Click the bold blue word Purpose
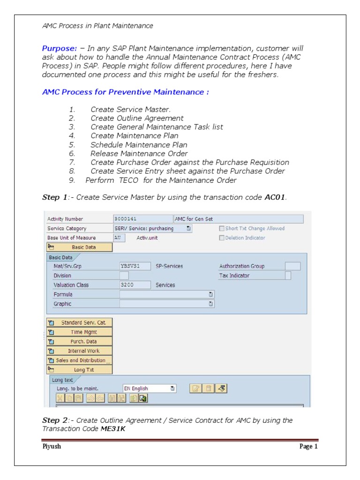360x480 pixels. [60, 48]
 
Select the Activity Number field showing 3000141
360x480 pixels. [142, 219]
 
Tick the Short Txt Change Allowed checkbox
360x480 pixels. [222, 229]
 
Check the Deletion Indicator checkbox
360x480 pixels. [222, 238]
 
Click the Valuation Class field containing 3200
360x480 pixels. [135, 285]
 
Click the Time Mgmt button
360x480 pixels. [80, 332]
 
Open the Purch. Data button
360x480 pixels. [80, 341]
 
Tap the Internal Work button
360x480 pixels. [80, 351]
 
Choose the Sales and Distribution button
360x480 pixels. [80, 360]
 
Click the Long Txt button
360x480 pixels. [80, 370]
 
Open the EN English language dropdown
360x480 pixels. [149, 388]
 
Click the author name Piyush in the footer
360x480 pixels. [52, 446]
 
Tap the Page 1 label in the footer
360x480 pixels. [308, 446]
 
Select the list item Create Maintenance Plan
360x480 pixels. [135, 136]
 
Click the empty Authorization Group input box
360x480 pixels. [292, 266]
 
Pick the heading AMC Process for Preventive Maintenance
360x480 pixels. [125, 92]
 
